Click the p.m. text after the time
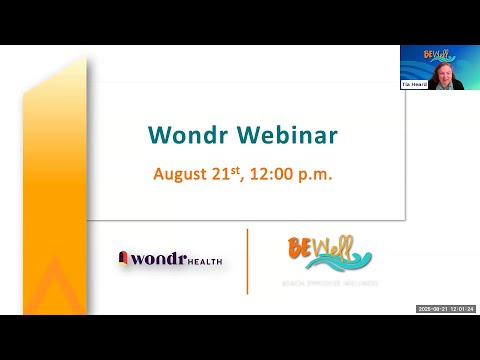pos(316,174)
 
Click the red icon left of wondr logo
pos(124,258)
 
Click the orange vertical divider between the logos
pos(247,261)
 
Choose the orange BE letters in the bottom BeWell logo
pos(301,245)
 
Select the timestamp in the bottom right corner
pos(446,309)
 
